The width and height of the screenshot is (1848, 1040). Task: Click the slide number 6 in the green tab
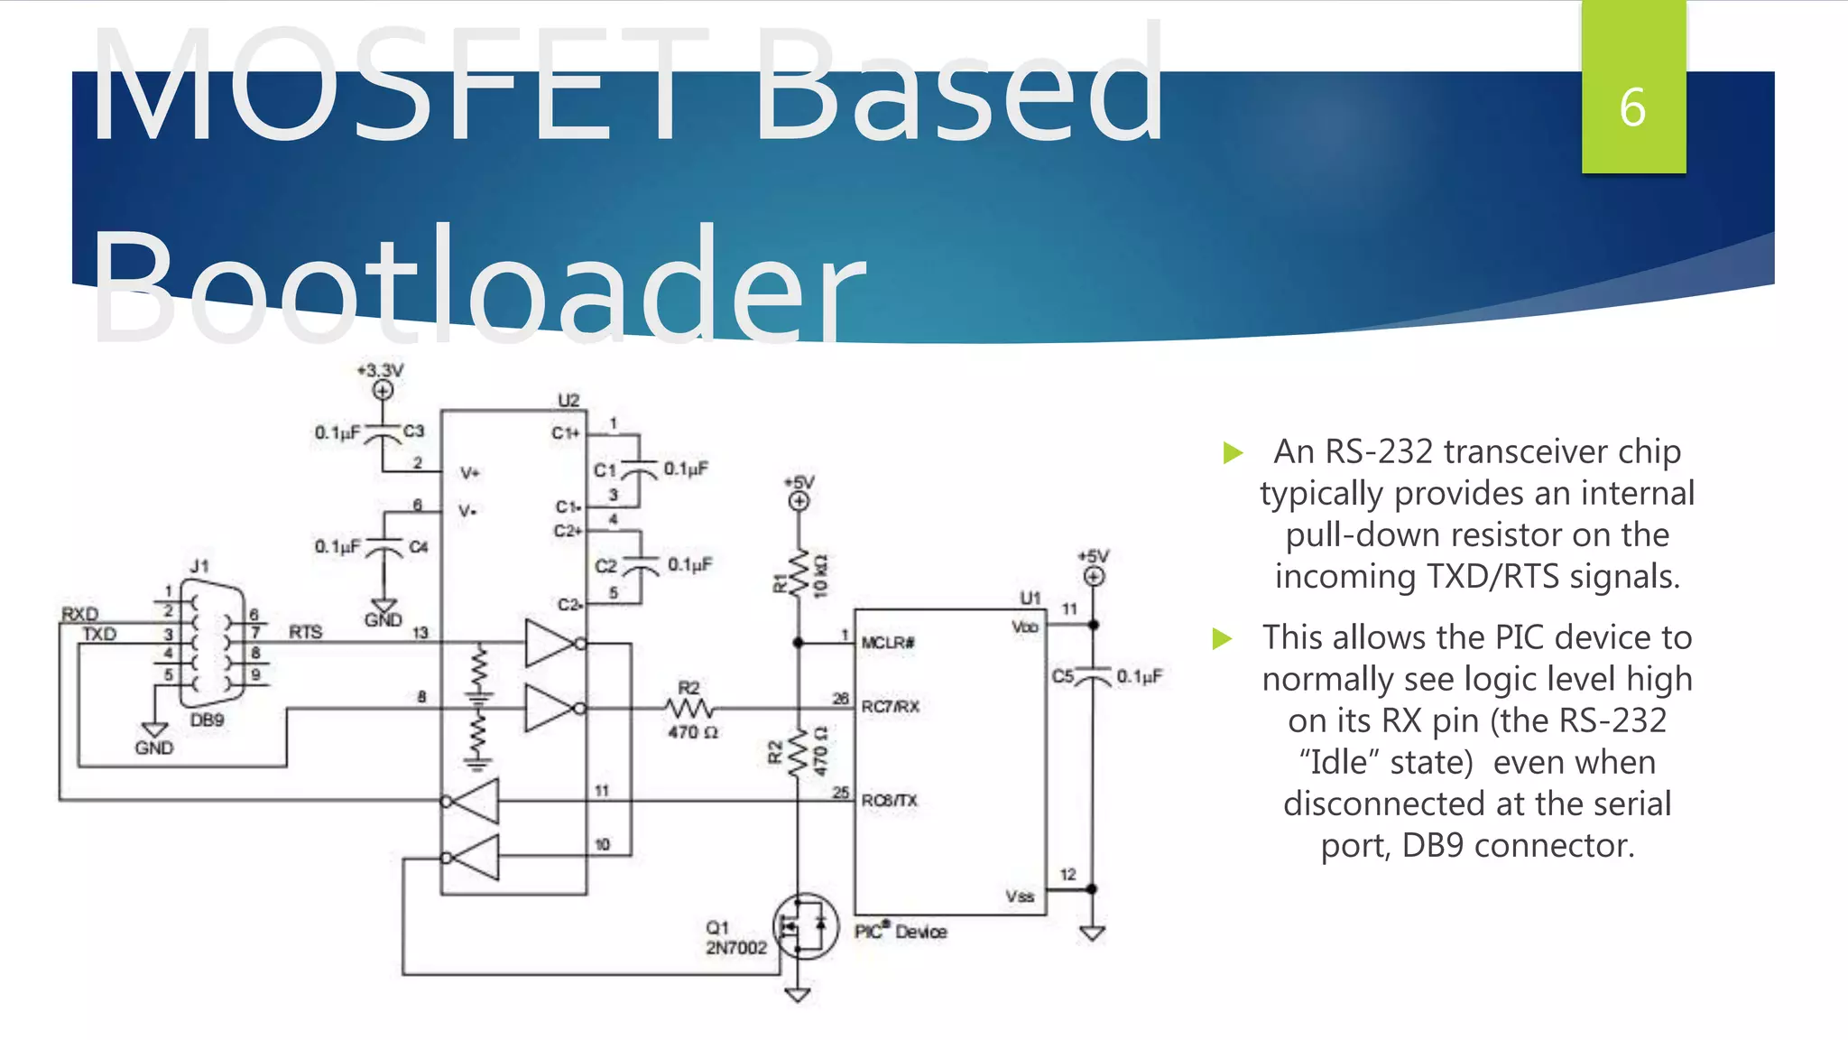pyautogui.click(x=1632, y=107)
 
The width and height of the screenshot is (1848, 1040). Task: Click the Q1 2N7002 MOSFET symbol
pyautogui.click(x=805, y=925)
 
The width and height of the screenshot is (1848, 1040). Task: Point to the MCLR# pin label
pyautogui.click(x=888, y=643)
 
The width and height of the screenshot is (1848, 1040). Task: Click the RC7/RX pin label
pyautogui.click(x=890, y=707)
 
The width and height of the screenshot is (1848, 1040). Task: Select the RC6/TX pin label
pyautogui.click(x=889, y=801)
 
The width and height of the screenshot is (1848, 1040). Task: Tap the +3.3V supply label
pyautogui.click(x=381, y=370)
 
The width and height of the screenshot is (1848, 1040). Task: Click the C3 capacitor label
pyautogui.click(x=413, y=432)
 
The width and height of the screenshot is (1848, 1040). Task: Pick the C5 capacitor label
pyautogui.click(x=1063, y=676)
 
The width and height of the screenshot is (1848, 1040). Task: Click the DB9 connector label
pyautogui.click(x=207, y=720)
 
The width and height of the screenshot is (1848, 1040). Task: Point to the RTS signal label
pyautogui.click(x=306, y=632)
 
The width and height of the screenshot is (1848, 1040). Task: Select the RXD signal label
pyautogui.click(x=79, y=614)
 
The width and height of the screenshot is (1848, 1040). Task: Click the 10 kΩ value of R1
pyautogui.click(x=820, y=575)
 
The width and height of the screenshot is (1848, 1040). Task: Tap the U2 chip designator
pyautogui.click(x=568, y=400)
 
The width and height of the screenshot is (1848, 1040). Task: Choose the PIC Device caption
pyautogui.click(x=901, y=932)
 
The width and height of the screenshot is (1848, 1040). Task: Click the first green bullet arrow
pyautogui.click(x=1233, y=452)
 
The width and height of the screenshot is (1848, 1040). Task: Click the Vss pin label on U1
pyautogui.click(x=1020, y=896)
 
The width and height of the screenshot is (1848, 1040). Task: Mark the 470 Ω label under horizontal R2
pyautogui.click(x=693, y=732)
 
